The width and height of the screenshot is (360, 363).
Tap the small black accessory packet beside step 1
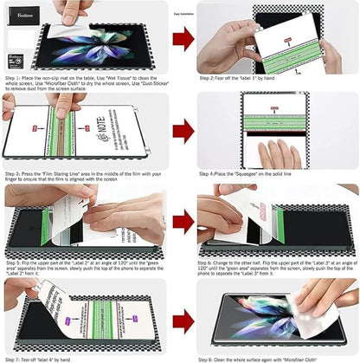tap(15, 59)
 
